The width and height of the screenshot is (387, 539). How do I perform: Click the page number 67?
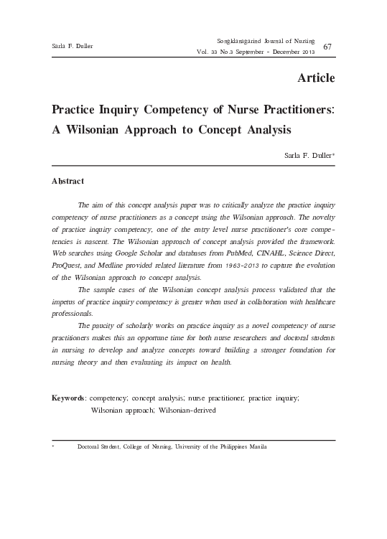[x=327, y=47]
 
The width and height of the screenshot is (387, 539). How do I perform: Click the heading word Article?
[x=315, y=78]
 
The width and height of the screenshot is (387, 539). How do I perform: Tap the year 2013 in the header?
[x=305, y=52]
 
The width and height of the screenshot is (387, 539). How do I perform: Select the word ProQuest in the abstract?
[x=66, y=266]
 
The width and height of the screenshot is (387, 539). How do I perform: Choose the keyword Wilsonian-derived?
[x=178, y=410]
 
